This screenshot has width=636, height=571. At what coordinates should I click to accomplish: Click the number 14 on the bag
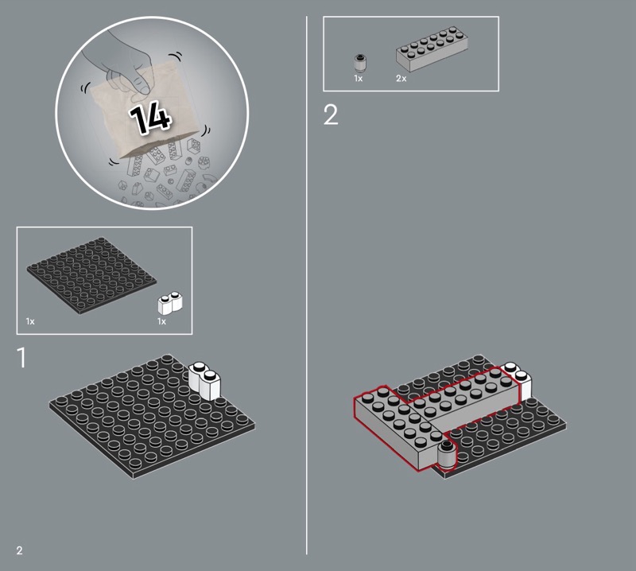[x=149, y=117]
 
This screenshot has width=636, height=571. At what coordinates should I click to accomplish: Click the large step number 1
[x=22, y=357]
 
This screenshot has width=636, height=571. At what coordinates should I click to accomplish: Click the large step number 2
[x=331, y=115]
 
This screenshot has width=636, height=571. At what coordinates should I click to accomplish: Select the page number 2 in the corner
[x=19, y=550]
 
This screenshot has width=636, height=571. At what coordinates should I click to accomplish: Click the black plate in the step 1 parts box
[x=91, y=275]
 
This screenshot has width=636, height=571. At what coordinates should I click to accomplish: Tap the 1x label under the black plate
[x=30, y=321]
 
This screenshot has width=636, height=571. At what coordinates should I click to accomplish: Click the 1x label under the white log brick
[x=161, y=321]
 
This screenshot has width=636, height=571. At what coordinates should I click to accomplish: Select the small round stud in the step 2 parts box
[x=359, y=63]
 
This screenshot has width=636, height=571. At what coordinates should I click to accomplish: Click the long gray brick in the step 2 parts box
[x=432, y=49]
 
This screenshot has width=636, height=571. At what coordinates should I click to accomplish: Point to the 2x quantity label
[x=401, y=78]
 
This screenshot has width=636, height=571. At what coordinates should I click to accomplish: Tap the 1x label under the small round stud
[x=359, y=78]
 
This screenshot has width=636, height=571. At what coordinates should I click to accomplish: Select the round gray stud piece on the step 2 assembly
[x=447, y=454]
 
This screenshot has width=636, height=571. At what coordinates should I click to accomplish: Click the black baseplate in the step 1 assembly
[x=153, y=418]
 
